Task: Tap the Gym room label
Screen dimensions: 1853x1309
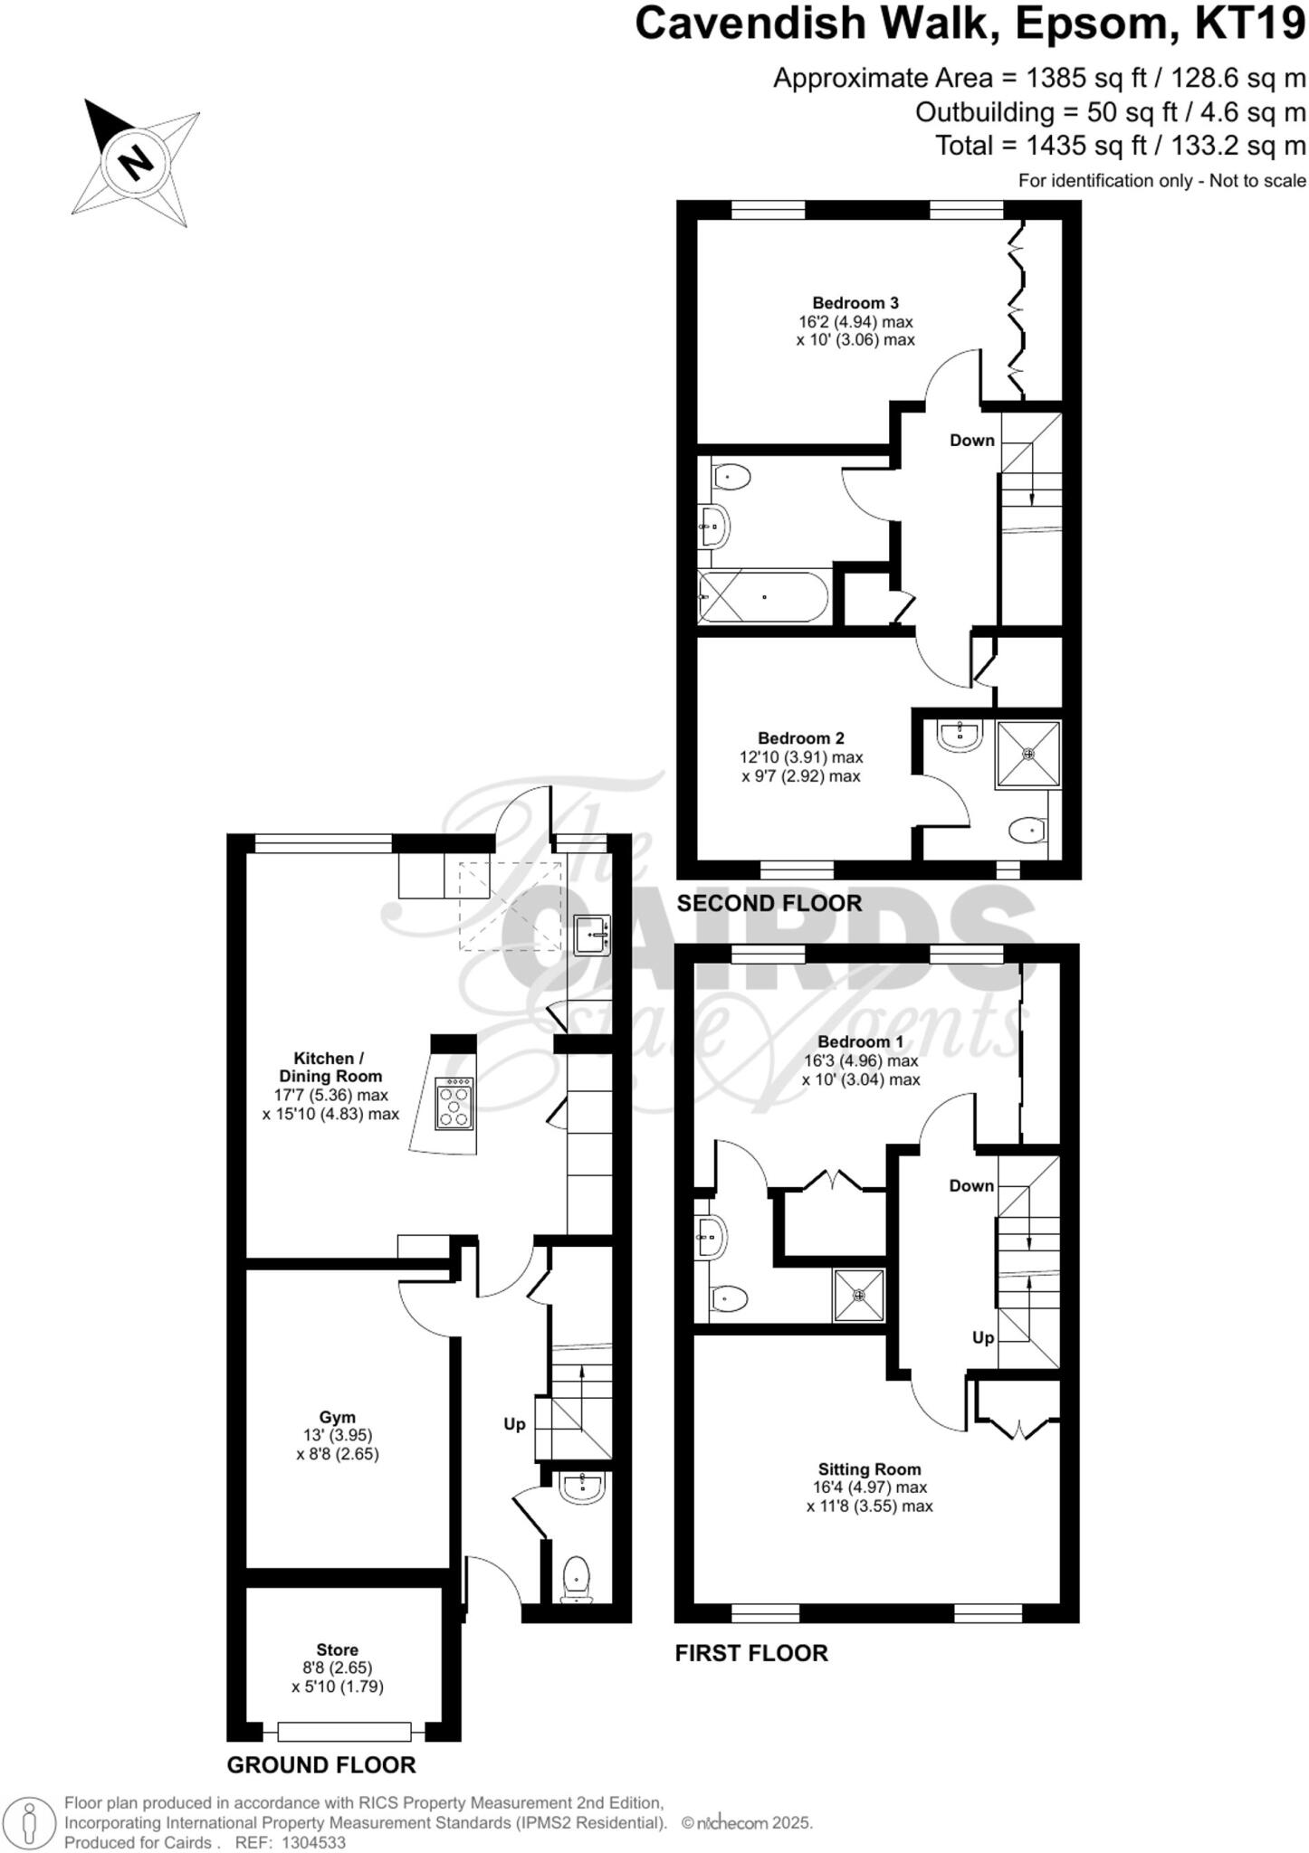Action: [x=337, y=1417]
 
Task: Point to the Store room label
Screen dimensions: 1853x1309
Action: [x=337, y=1649]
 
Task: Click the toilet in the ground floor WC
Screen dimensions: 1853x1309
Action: [x=576, y=1579]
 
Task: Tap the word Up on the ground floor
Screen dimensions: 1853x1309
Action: [x=514, y=1424]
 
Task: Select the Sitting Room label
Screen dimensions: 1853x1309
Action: [x=869, y=1469]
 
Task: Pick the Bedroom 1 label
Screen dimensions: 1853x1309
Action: [x=860, y=1041]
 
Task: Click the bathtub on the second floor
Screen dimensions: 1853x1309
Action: [x=763, y=596]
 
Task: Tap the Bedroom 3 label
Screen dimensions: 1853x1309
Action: [x=855, y=303]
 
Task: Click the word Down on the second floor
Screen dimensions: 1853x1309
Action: [x=971, y=441]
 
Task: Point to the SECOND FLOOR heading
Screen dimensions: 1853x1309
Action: [x=769, y=903]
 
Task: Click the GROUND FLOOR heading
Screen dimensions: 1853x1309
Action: [x=320, y=1765]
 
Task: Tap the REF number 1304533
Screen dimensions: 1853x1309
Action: [x=314, y=1843]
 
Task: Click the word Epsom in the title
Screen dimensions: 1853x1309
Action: [x=1090, y=24]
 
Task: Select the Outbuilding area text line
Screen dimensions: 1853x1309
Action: [x=1110, y=112]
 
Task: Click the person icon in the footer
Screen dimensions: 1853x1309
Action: [x=30, y=1823]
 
